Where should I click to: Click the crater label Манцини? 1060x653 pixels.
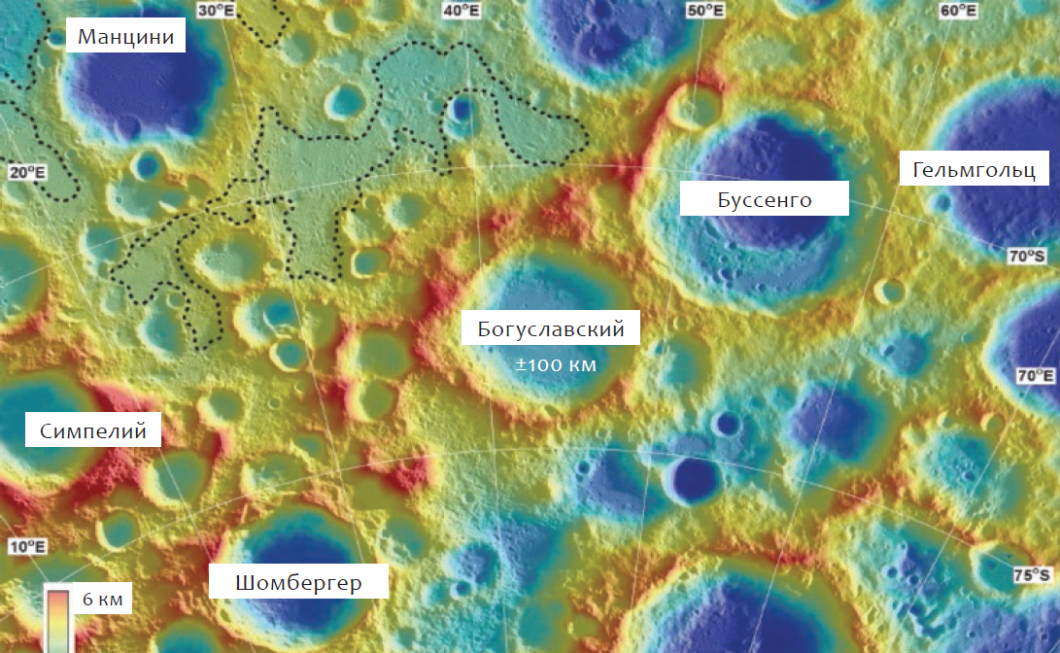(x=125, y=38)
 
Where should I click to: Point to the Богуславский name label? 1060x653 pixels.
(x=550, y=328)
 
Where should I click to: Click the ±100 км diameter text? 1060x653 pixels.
(x=555, y=365)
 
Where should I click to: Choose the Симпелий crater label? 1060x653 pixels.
(x=93, y=430)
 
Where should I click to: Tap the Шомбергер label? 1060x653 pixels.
(x=298, y=582)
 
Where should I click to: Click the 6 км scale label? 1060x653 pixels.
(x=101, y=599)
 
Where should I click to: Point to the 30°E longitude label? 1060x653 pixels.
(x=216, y=11)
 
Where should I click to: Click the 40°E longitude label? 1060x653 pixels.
(x=460, y=11)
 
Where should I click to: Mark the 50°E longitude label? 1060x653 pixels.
(x=704, y=11)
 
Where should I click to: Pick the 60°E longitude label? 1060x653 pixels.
(x=957, y=11)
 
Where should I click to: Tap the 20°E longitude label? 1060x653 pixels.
(x=27, y=172)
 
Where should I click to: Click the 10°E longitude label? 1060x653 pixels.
(x=27, y=546)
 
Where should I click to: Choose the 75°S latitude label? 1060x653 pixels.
(x=1032, y=574)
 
